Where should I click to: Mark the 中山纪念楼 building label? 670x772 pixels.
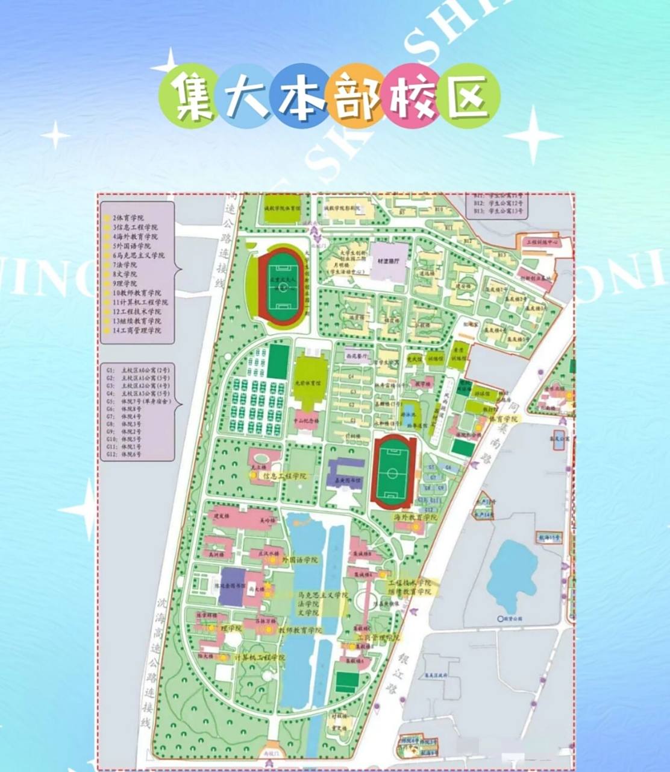[306, 420]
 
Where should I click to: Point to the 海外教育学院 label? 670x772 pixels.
[415, 517]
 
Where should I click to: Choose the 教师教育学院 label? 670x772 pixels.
[299, 630]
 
